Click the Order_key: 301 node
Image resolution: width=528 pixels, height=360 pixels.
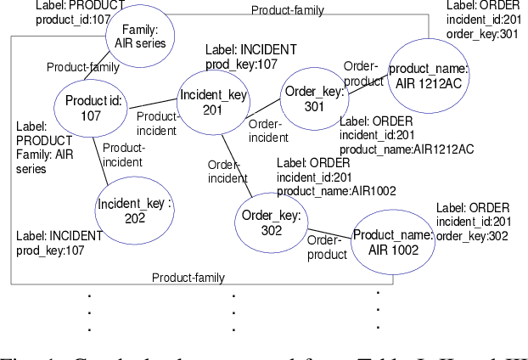314,99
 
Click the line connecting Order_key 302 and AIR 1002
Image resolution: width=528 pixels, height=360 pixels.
329,232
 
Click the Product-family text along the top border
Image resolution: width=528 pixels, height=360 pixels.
288,9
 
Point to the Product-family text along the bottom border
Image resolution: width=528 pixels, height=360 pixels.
188,278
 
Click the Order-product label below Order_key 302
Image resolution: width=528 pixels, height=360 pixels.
327,247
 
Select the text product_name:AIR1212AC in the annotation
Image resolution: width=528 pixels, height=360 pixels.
407,149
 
